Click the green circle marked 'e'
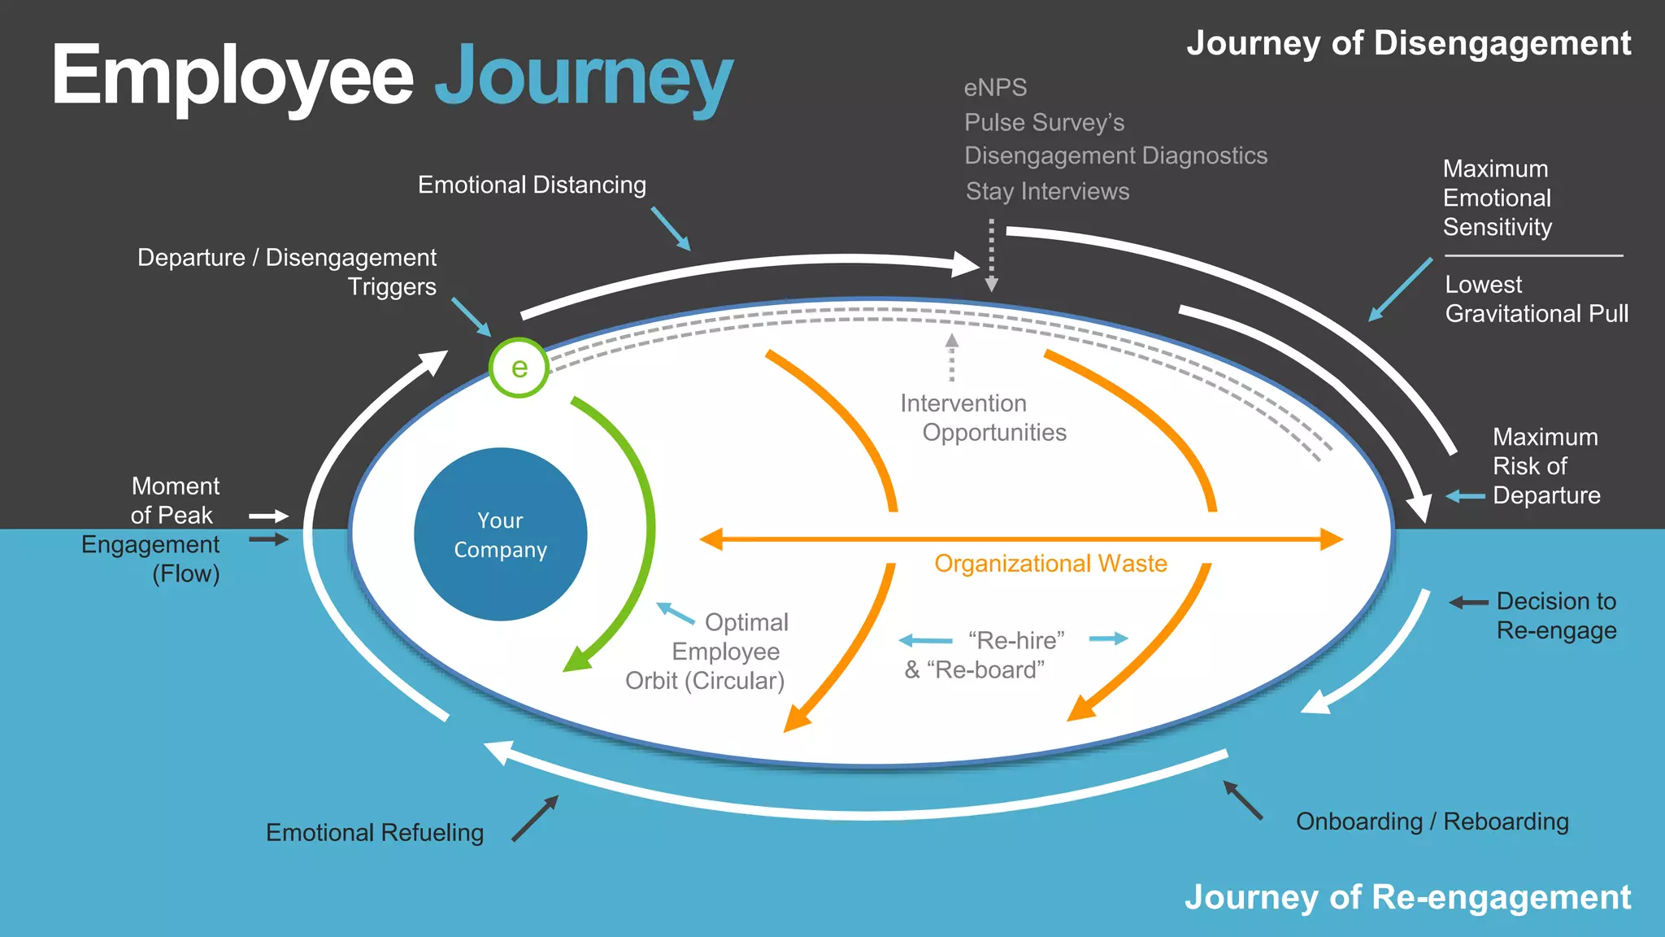pos(519,368)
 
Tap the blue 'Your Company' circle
pos(500,534)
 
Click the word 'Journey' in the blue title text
pos(583,78)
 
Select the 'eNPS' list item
pos(995,88)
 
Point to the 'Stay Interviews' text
pos(1047,192)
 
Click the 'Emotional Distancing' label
pos(532,185)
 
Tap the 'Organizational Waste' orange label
pos(1050,564)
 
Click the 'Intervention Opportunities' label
pos(982,418)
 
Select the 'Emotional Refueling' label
pos(375,833)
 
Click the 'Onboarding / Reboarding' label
pos(1432,822)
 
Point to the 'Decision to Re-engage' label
pos(1555,616)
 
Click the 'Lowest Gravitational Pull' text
pos(1536,299)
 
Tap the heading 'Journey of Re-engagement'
pos(1407,897)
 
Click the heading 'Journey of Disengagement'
pos(1408,44)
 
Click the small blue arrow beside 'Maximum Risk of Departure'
pos(1465,496)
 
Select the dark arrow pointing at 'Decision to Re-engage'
pos(1468,603)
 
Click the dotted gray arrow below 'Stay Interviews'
pos(991,255)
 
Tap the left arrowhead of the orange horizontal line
pos(711,539)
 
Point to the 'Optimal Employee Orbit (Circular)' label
pos(706,652)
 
